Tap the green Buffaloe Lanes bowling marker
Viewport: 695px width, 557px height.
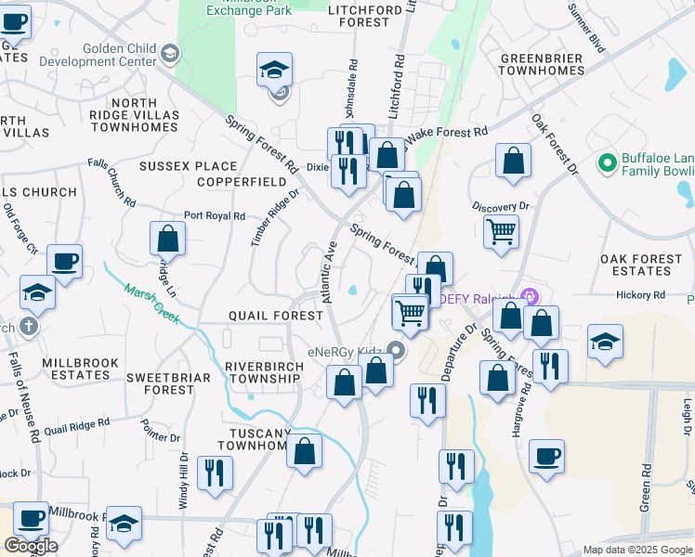tap(609, 163)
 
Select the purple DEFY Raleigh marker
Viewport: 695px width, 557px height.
tap(531, 297)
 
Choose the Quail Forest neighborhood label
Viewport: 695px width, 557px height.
tap(276, 316)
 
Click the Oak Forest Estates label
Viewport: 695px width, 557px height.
tap(648, 265)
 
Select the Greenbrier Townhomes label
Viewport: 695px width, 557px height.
tap(542, 64)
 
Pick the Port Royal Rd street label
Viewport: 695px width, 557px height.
tap(215, 215)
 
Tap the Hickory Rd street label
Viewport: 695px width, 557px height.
tap(641, 295)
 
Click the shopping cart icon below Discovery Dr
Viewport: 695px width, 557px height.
tap(501, 230)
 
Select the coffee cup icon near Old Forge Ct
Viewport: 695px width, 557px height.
tap(64, 261)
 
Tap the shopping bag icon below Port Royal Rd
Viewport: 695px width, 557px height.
tap(167, 239)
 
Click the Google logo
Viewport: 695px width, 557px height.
tap(31, 546)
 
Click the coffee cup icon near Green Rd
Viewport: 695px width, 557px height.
tap(547, 456)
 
